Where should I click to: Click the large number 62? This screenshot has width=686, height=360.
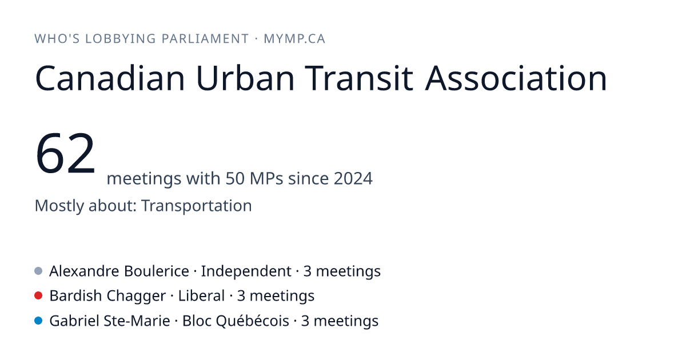point(65,153)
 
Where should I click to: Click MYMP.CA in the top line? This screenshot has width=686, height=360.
point(294,39)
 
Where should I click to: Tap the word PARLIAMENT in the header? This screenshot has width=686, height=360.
point(205,39)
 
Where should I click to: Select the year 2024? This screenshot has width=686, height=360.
point(353,178)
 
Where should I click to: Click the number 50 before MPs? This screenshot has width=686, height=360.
point(235,178)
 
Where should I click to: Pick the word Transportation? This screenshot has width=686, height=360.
point(196,205)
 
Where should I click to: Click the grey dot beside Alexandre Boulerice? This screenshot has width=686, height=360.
point(38,271)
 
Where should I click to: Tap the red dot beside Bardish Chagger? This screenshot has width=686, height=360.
point(38,296)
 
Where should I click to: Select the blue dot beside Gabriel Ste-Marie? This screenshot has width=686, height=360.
point(38,321)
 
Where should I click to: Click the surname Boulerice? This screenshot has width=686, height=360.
point(157,271)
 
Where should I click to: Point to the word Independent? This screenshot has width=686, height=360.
point(246,271)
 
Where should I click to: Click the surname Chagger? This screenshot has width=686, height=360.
point(136,296)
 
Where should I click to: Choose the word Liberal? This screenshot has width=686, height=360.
point(201,296)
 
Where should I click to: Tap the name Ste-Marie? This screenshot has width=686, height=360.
point(137,321)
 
